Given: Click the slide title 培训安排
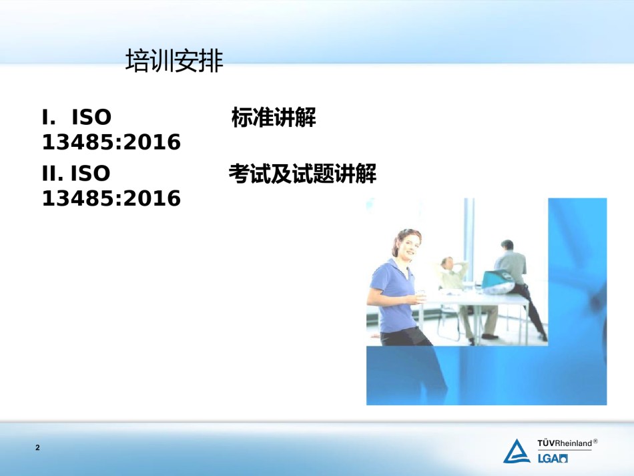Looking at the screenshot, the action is (174, 61).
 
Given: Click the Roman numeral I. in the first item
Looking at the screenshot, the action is (49, 117).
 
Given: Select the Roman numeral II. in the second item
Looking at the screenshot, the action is (53, 174).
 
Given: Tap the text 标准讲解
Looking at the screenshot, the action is (274, 117).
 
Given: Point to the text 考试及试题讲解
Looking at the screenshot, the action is (302, 174).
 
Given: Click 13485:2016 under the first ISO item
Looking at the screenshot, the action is (111, 142).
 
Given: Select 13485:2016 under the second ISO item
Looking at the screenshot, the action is (111, 198).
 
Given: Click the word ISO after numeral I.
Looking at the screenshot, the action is (91, 117).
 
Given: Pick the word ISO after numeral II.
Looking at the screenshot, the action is (91, 174).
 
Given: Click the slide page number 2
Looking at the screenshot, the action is (37, 447).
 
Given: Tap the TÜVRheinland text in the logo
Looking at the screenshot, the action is (565, 443).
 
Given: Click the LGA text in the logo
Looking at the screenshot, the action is (553, 458).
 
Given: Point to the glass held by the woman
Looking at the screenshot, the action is (420, 296).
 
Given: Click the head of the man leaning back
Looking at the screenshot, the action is (447, 263).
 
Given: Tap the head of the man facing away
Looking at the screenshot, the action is (507, 245).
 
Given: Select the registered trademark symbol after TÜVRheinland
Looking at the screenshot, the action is (595, 441).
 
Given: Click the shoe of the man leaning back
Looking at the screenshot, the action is (490, 336).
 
